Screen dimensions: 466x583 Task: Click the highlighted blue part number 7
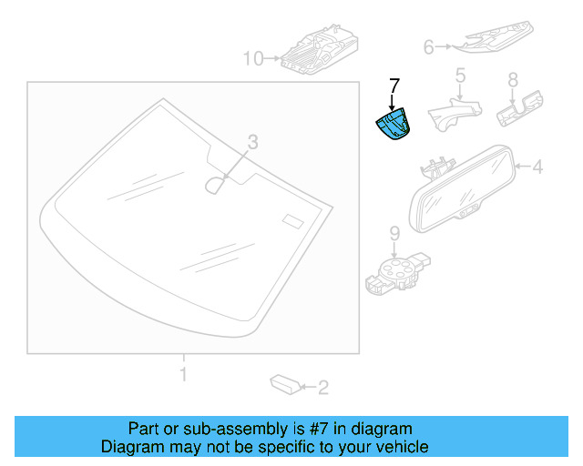[394, 126]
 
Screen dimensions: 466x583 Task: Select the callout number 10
[252, 59]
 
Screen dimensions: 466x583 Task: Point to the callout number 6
[429, 46]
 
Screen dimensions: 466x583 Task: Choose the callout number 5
[460, 74]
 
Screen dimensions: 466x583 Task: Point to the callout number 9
[394, 233]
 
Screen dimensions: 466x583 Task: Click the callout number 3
[253, 141]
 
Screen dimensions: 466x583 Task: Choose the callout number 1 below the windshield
[183, 373]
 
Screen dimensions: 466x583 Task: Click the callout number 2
[322, 389]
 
